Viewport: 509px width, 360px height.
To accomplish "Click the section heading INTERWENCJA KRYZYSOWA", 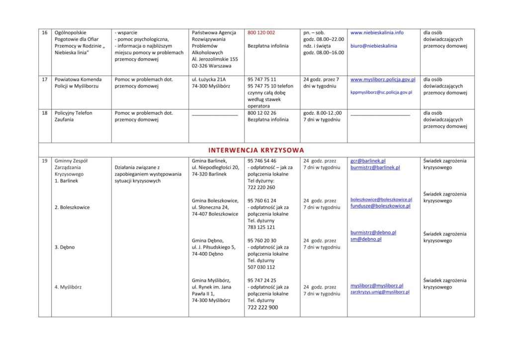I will pyautogui.click(x=256, y=150).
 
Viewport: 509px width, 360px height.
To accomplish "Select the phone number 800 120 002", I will pyautogui.click(x=261, y=33).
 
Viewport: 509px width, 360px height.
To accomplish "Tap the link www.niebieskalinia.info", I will pyautogui.click(x=377, y=33).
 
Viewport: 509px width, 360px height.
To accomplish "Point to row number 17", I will pyautogui.click(x=45, y=80).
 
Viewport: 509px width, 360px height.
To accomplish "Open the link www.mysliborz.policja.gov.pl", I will pyautogui.click(x=383, y=80).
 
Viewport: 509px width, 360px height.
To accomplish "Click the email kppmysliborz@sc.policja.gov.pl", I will pyautogui.click(x=381, y=92).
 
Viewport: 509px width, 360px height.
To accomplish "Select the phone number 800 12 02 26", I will pyautogui.click(x=261, y=113).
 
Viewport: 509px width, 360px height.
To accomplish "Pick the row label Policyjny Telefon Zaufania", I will pyautogui.click(x=74, y=116).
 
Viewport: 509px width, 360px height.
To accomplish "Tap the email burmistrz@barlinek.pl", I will pyautogui.click(x=375, y=168).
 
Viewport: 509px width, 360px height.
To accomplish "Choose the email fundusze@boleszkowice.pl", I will pyautogui.click(x=380, y=206).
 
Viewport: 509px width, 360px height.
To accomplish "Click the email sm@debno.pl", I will pyautogui.click(x=366, y=239).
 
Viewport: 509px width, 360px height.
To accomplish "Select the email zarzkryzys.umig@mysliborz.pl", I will pyautogui.click(x=380, y=292).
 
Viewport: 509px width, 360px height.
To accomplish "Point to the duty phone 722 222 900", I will pyautogui.click(x=262, y=308).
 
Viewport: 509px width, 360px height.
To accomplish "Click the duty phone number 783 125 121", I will pyautogui.click(x=261, y=227).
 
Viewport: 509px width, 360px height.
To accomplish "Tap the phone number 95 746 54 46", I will pyautogui.click(x=261, y=161).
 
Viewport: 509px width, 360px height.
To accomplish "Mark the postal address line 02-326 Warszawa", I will pyautogui.click(x=211, y=66).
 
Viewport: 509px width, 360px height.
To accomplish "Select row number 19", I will pyautogui.click(x=45, y=161).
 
